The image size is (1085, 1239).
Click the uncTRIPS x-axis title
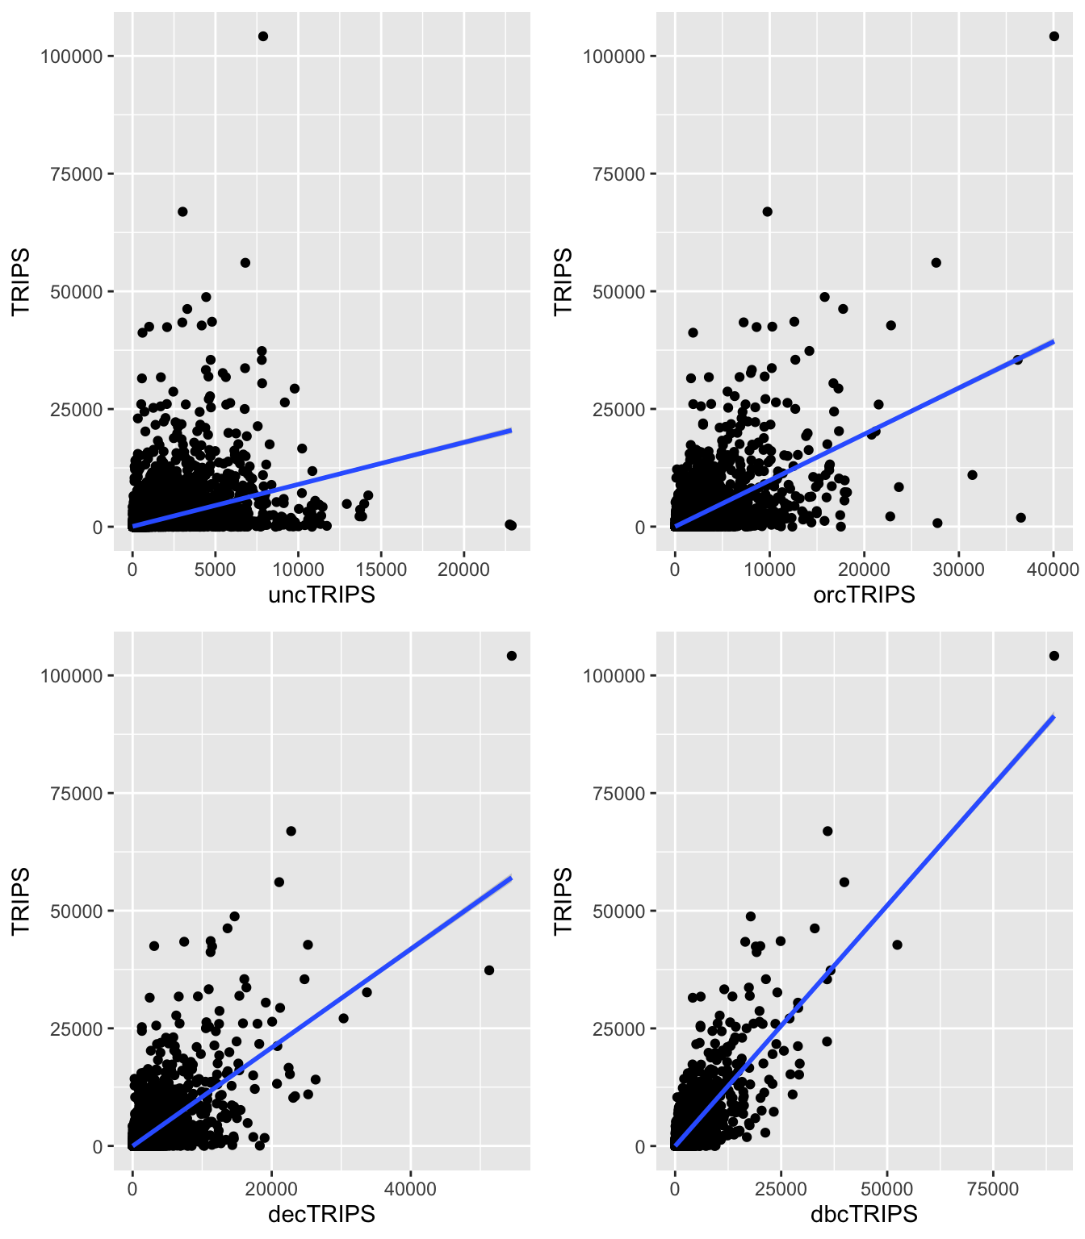(x=321, y=595)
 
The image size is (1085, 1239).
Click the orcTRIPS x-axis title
(x=864, y=595)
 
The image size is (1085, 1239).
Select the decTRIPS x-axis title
(x=321, y=1214)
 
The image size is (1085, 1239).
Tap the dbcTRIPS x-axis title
(x=864, y=1214)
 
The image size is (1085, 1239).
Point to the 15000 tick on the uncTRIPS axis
(x=381, y=569)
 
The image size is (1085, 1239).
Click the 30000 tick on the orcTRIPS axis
(x=959, y=569)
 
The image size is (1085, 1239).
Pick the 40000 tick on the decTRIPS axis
(x=410, y=1189)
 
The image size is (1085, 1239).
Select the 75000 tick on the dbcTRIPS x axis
(x=993, y=1189)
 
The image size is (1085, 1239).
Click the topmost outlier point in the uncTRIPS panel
(x=262, y=36)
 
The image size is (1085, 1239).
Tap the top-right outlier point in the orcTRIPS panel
(x=1054, y=36)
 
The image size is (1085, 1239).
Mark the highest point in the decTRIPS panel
(x=511, y=656)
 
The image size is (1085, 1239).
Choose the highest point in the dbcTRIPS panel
(x=1054, y=656)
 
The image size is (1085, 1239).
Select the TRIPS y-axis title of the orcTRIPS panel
(x=563, y=282)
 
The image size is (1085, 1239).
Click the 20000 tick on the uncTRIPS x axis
(x=463, y=569)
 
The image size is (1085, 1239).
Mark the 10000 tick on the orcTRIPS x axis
(x=769, y=569)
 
